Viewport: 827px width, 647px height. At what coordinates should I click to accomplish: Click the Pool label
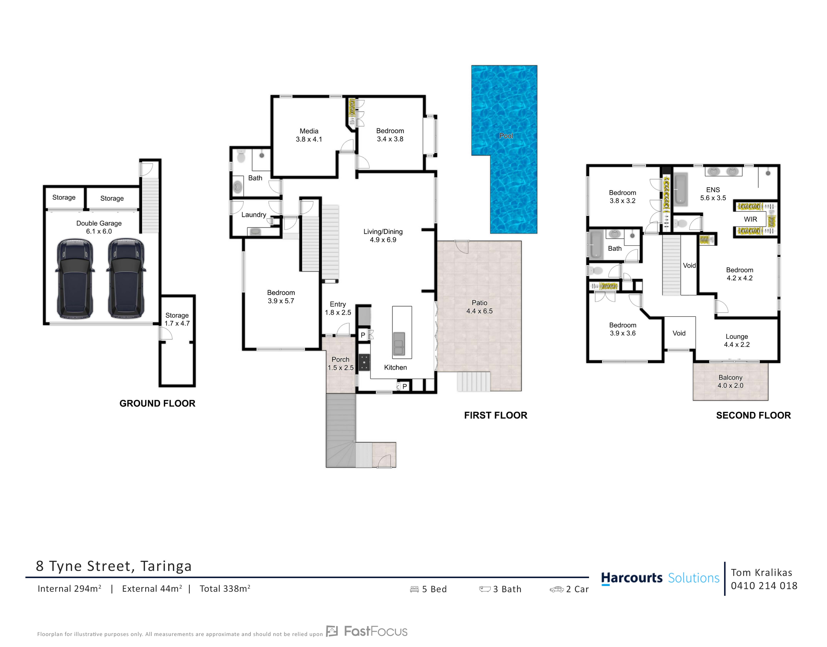coord(506,136)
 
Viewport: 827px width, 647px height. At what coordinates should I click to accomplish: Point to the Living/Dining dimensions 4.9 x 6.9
coord(383,240)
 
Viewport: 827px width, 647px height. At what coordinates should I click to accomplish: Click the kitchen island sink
coord(399,343)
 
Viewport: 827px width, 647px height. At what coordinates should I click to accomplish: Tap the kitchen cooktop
coord(364,362)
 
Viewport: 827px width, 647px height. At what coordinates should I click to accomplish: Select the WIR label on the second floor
coord(750,219)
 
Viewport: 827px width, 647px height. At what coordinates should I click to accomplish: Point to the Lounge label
coord(736,337)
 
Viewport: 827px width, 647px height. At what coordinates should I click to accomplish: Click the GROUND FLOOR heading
coord(158,403)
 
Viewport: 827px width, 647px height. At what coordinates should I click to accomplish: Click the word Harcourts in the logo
coord(632,578)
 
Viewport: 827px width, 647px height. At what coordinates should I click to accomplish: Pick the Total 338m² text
coord(225,589)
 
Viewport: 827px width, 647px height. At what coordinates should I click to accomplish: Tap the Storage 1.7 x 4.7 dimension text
coord(177,323)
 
